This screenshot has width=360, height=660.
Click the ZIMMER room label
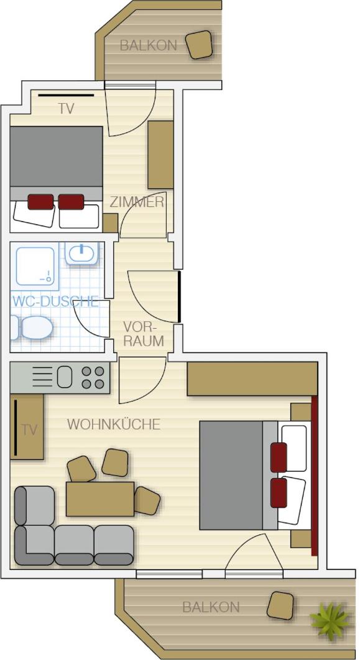pos(137,202)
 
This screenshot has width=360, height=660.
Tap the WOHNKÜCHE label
pos(114,424)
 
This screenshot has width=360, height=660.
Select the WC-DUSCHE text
pos(55,301)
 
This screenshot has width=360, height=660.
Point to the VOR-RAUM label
pos(144,334)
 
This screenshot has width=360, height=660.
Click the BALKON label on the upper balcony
pos(148,45)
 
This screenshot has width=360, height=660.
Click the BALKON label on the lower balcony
pos(211,607)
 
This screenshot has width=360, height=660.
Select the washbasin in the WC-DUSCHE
pos(83,253)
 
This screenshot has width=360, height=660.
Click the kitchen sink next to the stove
pos(65,377)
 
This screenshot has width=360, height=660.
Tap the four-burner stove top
pos(93,377)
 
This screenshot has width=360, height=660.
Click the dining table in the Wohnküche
pos(99,499)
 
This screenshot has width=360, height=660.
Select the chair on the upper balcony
pos(200,45)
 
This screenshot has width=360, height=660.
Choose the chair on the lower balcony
pos(280,605)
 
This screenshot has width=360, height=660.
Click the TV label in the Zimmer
pos(67,109)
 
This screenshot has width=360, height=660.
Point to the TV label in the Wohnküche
pos(29,430)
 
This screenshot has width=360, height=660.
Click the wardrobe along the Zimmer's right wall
pos(161,155)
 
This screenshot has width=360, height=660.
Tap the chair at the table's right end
pos(147,500)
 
